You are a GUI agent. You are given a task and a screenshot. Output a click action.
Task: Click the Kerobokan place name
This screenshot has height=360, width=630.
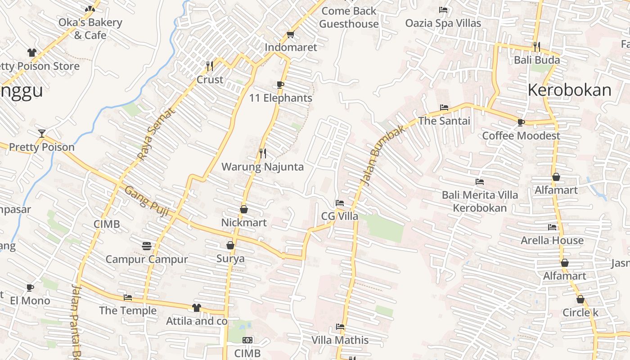[569, 90]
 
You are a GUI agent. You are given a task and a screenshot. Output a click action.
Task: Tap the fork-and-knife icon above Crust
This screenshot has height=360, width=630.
[210, 66]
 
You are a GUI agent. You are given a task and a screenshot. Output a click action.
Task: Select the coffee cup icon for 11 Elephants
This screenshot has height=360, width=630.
[280, 85]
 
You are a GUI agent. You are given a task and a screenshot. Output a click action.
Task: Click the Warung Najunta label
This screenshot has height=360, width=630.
[262, 167]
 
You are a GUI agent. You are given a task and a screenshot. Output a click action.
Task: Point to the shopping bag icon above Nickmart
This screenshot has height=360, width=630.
[244, 209]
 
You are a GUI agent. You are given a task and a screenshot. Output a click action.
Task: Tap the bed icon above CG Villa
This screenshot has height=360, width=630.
[340, 203]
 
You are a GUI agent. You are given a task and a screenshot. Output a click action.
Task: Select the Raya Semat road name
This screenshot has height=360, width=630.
[155, 134]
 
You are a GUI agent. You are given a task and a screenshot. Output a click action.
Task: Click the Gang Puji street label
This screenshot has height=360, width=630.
[146, 201]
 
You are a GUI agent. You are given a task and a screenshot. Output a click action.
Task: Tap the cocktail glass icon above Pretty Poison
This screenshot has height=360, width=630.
[42, 133]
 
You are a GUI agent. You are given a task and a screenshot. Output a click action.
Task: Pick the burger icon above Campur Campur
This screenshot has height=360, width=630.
[146, 246]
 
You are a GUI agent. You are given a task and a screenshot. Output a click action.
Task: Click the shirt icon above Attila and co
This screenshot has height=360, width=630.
[197, 308]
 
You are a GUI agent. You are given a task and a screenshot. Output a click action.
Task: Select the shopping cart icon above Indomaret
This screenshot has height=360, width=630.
[291, 34]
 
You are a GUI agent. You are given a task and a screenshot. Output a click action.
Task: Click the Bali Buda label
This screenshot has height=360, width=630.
[537, 60]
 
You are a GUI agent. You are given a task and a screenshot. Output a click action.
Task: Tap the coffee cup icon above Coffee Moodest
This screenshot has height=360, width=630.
[521, 122]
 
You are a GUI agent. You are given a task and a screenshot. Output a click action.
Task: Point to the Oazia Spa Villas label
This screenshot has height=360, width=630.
[443, 23]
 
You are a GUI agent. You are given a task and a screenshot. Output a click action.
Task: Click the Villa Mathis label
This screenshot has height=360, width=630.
[340, 340]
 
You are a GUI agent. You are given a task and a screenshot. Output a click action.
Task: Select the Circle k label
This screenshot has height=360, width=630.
[580, 312]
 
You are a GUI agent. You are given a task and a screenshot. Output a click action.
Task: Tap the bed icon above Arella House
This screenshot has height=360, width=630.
[552, 227]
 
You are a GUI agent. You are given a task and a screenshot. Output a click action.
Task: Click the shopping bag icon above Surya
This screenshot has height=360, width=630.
[230, 245]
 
